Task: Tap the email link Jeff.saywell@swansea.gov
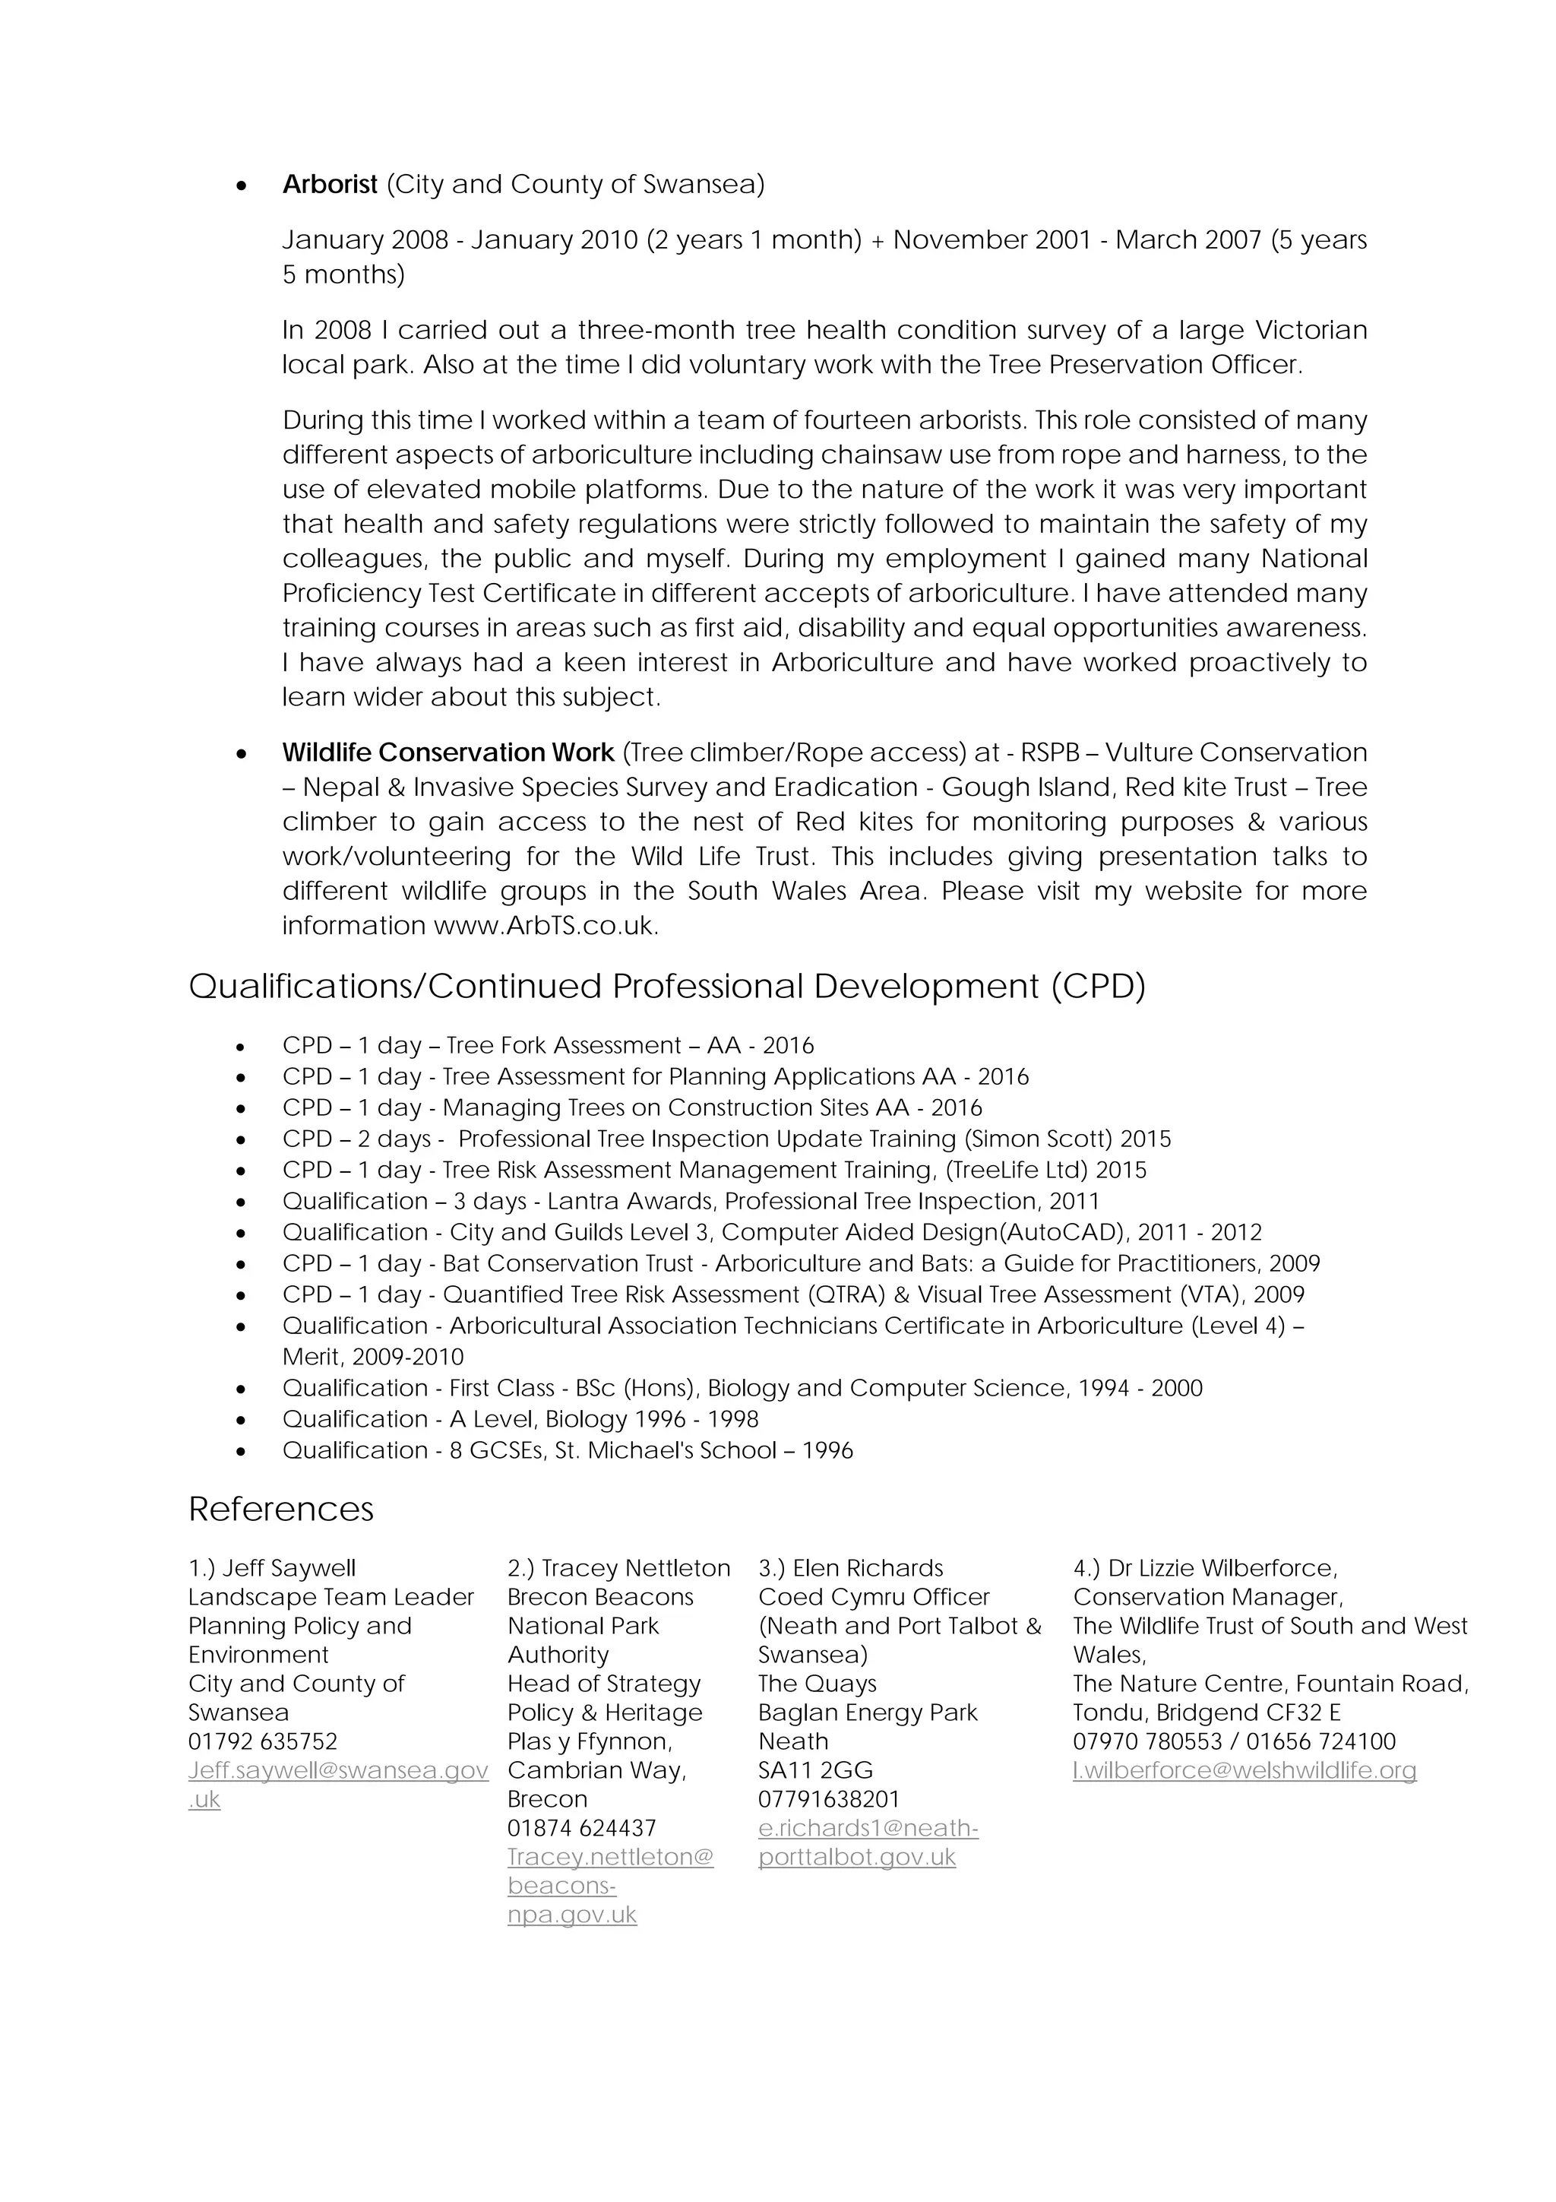point(337,1770)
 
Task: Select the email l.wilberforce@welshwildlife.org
point(1244,1770)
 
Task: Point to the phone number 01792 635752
point(263,1741)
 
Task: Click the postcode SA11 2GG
point(815,1770)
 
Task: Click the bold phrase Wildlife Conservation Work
point(448,752)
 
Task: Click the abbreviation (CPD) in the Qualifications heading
point(1098,987)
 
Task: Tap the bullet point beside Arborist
point(242,185)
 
